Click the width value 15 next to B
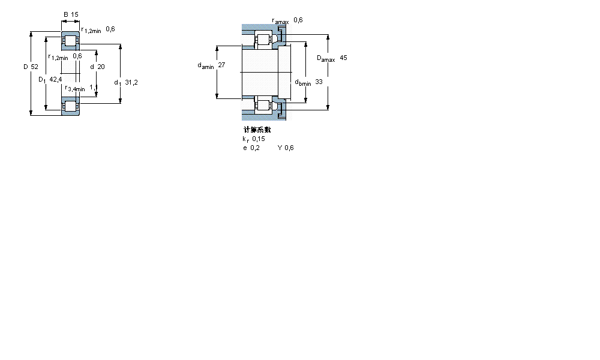click(x=75, y=14)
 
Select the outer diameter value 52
click(x=35, y=67)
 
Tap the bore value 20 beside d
click(x=101, y=67)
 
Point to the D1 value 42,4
click(x=56, y=79)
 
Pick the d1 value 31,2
click(x=131, y=82)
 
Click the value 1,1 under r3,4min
click(x=94, y=87)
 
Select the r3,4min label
click(x=75, y=89)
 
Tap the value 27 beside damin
click(x=221, y=65)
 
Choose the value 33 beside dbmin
click(x=319, y=82)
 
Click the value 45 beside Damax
click(x=343, y=58)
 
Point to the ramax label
click(x=280, y=21)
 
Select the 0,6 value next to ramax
click(x=298, y=20)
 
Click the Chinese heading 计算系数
click(x=257, y=130)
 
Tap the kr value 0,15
click(x=259, y=139)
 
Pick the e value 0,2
click(x=255, y=148)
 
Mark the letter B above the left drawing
click(x=65, y=14)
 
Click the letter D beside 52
click(x=26, y=67)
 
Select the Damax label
click(x=326, y=59)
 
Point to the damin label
click(x=205, y=66)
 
